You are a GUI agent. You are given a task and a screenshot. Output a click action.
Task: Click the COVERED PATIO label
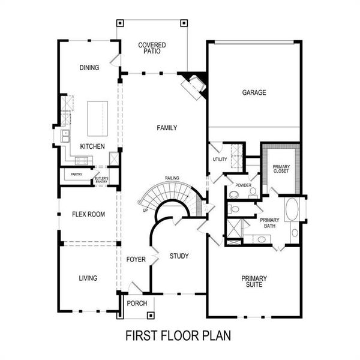click(152, 49)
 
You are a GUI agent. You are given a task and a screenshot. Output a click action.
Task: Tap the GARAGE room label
click(254, 92)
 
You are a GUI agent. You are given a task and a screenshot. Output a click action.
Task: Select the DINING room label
click(89, 68)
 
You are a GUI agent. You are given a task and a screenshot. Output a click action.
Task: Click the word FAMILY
click(166, 128)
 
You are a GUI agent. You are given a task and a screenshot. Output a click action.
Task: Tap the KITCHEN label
click(92, 146)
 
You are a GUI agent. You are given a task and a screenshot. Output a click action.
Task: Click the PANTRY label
click(76, 175)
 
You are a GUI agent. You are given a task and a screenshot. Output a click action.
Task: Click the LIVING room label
click(88, 278)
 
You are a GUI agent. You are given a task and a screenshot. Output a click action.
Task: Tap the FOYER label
click(136, 259)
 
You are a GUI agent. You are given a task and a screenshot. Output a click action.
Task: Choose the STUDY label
click(179, 256)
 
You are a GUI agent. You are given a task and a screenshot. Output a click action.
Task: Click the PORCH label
click(137, 304)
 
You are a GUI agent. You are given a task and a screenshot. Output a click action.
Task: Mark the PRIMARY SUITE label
click(254, 281)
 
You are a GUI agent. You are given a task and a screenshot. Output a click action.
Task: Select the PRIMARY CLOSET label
click(280, 169)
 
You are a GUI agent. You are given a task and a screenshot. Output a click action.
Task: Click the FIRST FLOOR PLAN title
click(178, 335)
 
